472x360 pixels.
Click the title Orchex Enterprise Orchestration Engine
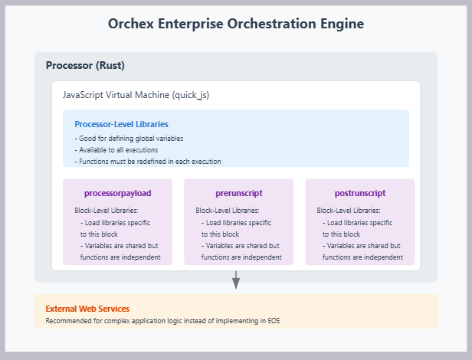(235, 24)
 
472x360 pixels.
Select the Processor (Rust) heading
(84, 65)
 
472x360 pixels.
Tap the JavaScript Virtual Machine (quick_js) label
(136, 95)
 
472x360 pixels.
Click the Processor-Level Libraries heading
(121, 123)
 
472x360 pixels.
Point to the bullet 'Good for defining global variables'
(129, 139)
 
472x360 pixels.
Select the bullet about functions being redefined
(148, 162)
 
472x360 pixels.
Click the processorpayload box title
(117, 193)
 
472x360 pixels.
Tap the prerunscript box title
(238, 193)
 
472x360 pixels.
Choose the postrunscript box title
(359, 193)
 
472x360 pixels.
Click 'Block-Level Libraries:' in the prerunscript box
(227, 210)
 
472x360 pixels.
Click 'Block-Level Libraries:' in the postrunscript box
(348, 210)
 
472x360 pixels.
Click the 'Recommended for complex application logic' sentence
(162, 319)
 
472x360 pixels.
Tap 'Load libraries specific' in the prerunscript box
(236, 222)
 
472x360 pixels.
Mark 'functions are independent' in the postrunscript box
(362, 257)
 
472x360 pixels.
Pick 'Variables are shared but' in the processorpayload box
(119, 246)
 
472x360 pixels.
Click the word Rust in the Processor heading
(110, 65)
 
